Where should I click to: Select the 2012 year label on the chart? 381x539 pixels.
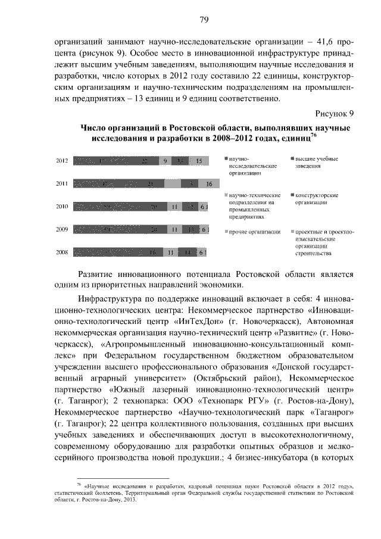click(61, 161)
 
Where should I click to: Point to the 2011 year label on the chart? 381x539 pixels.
click(61, 184)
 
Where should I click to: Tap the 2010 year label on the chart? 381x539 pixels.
click(61, 207)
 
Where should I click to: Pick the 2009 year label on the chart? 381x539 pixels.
click(61, 229)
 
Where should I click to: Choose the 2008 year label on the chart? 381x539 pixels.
click(61, 253)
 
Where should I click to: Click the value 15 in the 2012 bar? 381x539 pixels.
click(198, 161)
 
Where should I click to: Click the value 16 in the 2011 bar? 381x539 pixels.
click(208, 184)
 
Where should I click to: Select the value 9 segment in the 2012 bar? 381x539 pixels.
click(165, 161)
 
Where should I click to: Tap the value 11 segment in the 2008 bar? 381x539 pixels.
click(170, 253)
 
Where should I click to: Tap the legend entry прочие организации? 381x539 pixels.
click(255, 231)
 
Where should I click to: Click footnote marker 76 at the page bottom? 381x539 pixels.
click(79, 485)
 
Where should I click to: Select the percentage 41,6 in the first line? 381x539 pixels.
click(321, 43)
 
